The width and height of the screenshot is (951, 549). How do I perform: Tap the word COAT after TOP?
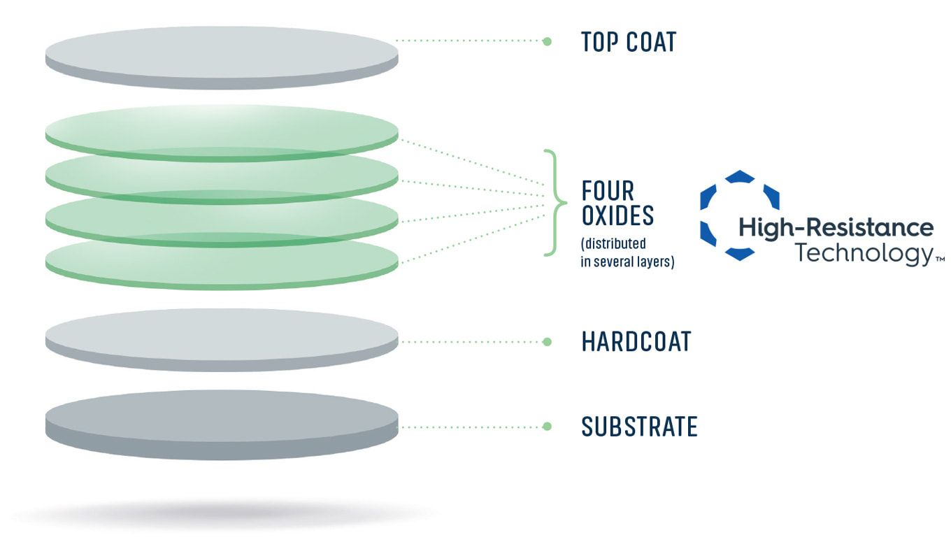tap(651, 42)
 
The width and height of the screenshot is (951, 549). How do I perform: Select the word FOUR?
tap(608, 191)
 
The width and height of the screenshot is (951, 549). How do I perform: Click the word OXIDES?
tap(617, 215)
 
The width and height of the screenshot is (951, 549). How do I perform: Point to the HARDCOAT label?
tap(636, 342)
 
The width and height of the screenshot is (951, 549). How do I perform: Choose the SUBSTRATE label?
tap(639, 427)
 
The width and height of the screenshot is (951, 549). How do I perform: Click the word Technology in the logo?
tap(864, 253)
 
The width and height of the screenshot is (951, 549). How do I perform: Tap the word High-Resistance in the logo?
tap(836, 228)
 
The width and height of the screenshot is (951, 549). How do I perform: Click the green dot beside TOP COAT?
tap(548, 41)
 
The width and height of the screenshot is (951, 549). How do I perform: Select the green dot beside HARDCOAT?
tap(548, 342)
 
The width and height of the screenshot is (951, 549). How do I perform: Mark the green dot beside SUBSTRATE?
tap(548, 427)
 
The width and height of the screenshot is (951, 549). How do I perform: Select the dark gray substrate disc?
tap(222, 425)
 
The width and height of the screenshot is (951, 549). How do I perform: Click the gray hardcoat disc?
tap(222, 340)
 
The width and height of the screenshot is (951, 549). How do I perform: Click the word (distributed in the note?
tap(613, 243)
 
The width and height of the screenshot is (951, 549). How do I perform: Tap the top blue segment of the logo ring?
tap(740, 176)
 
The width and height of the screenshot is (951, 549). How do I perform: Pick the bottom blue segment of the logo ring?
tap(740, 254)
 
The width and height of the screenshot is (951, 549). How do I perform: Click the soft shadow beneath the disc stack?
tap(225, 514)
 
